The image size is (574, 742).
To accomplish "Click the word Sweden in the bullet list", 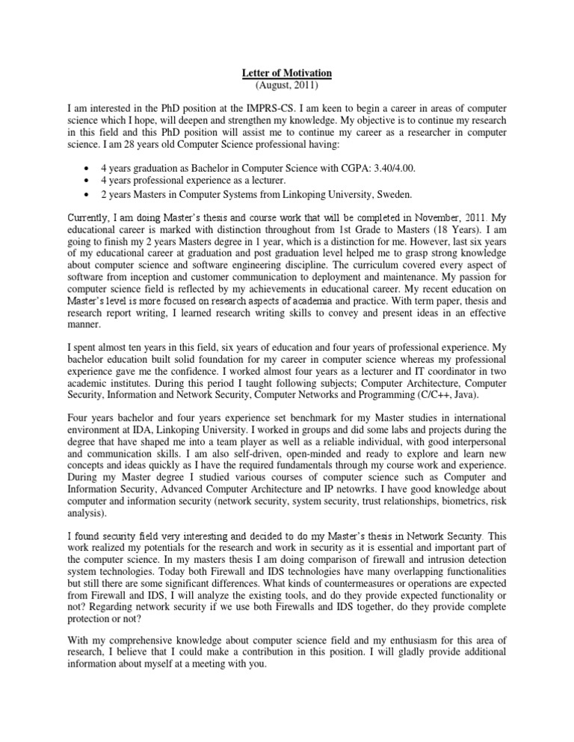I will pos(392,195).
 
